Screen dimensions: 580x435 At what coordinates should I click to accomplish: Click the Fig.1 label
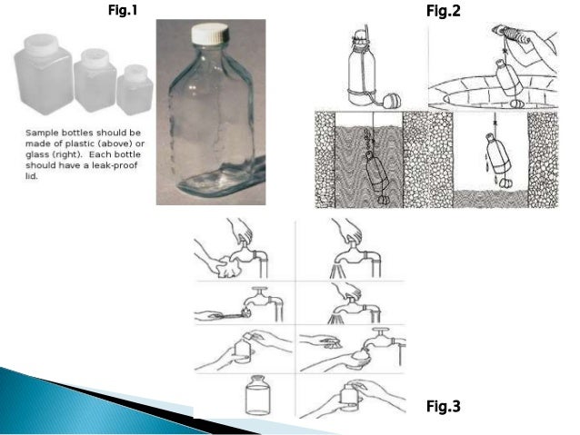(123, 10)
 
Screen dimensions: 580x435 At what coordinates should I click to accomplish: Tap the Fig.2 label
(443, 11)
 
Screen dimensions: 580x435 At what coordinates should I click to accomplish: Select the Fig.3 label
(443, 406)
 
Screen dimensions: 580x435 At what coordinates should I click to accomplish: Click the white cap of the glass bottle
(209, 34)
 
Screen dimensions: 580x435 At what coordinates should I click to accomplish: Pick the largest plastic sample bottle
(44, 73)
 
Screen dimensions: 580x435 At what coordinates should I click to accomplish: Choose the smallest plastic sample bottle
(135, 89)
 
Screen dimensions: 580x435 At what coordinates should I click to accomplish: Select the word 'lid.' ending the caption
(32, 176)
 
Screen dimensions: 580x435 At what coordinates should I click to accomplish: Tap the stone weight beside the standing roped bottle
(391, 101)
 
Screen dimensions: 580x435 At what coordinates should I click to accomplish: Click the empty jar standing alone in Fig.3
(258, 395)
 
